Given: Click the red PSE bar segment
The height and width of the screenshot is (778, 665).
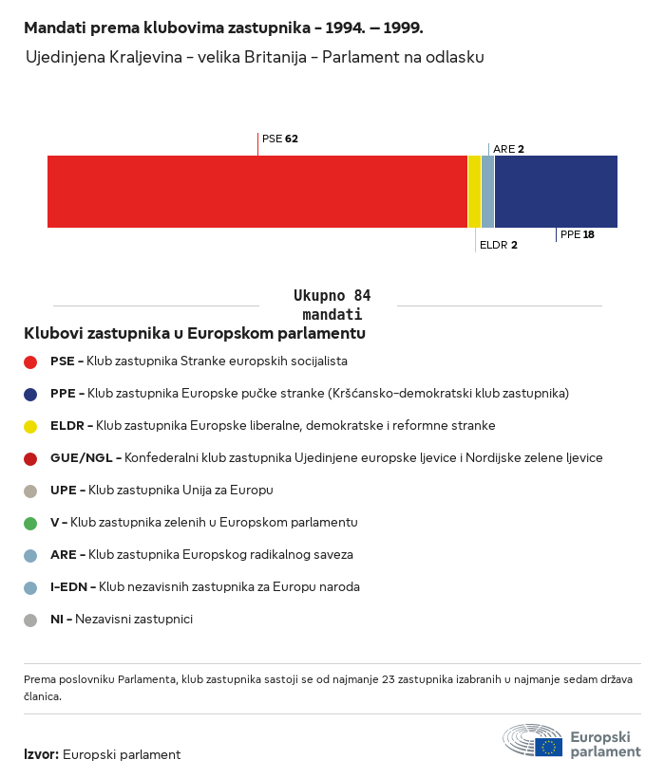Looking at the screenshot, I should (x=256, y=192).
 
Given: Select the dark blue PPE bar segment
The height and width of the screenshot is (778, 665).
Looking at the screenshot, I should (x=556, y=192).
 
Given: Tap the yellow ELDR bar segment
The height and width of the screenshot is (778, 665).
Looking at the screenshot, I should (x=474, y=192).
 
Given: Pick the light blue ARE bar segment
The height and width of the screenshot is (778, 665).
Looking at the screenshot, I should (x=487, y=192).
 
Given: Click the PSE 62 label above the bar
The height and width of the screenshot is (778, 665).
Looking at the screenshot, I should (x=279, y=139).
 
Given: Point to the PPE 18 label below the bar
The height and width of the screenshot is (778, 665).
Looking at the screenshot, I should (x=577, y=234).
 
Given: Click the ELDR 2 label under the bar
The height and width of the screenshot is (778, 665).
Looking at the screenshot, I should (x=498, y=245).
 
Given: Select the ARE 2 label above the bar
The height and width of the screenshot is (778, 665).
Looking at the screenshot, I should (x=508, y=149).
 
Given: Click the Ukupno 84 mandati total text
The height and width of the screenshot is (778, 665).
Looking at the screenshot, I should (x=332, y=305).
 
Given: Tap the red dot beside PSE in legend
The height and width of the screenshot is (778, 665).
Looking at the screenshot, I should (x=30, y=361).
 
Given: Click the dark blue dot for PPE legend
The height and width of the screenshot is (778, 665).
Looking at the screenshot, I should (x=30, y=394).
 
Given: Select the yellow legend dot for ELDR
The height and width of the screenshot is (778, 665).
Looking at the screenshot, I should (x=30, y=426).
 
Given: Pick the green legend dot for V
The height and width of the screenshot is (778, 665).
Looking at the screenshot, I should (x=30, y=523).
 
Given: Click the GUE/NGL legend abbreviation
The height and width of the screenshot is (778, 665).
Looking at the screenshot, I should (x=83, y=458).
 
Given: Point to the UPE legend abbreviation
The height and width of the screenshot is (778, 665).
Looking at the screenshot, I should (x=65, y=491).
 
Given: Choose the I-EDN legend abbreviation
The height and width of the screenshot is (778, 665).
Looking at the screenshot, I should (x=69, y=587).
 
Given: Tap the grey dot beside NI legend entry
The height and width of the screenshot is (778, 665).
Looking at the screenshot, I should (x=30, y=620).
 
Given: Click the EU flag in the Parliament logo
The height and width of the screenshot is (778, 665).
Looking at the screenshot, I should (x=548, y=747).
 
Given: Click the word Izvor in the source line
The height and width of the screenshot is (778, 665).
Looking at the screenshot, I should (x=41, y=755).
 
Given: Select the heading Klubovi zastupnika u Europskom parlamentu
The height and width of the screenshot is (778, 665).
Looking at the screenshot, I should (x=195, y=334).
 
